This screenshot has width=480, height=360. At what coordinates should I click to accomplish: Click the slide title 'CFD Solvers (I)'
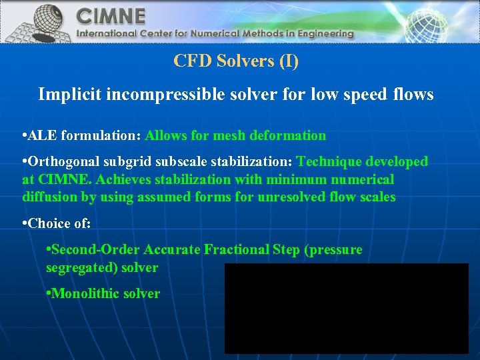point(236,61)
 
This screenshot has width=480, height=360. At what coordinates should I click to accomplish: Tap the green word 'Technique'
point(330,162)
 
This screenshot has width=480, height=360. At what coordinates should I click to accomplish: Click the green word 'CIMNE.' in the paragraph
point(57,179)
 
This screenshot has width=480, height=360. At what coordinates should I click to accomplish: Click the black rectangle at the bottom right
point(346,308)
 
